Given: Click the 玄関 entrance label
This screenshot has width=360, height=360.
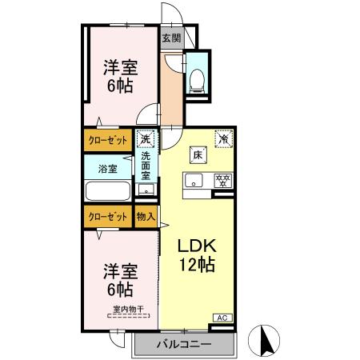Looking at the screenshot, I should pos(170,38).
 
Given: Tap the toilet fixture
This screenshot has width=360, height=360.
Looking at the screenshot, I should pos(196,78).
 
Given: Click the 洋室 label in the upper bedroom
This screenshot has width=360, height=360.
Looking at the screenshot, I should pos(118,66).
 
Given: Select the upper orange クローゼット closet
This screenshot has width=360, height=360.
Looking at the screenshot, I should pos(106,139).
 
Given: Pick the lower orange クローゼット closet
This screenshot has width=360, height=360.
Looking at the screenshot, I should pos(106,216).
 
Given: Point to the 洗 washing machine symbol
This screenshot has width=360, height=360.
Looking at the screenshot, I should pos(145,139).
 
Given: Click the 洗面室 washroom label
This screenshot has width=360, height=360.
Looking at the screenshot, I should pos(146,166).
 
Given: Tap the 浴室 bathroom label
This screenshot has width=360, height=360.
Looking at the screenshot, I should pos(107,169).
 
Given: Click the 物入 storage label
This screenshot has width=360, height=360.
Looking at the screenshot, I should pos(145,216).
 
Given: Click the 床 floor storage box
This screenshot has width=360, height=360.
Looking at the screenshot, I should pos(196,155).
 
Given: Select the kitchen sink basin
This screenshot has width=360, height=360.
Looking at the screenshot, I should pos(194,180).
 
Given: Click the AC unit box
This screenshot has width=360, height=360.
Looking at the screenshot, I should pos(222,318).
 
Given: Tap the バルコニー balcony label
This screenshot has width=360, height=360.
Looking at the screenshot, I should pos(183,344).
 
